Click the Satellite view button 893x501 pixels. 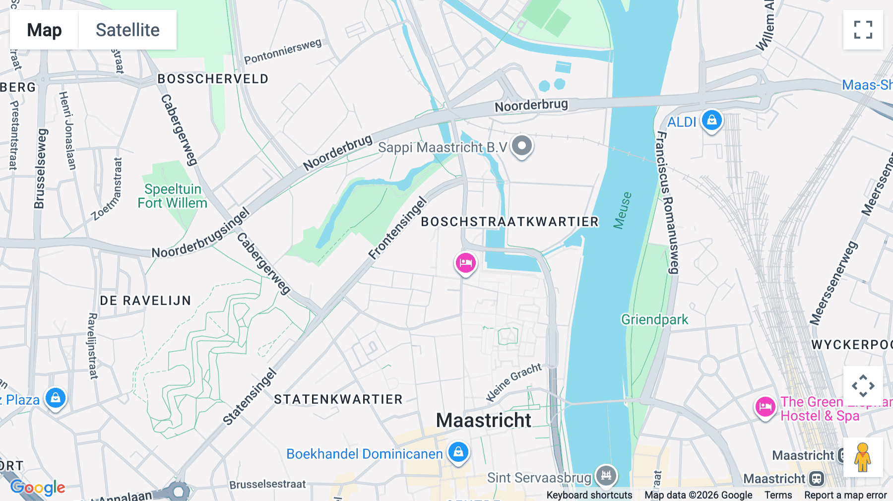click(128, 30)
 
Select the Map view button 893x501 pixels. click(44, 30)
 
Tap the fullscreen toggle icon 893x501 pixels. click(863, 30)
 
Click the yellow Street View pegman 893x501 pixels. click(863, 457)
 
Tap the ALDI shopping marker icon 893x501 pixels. click(712, 121)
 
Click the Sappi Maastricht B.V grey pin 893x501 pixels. click(522, 146)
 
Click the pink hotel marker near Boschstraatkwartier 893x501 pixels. click(465, 263)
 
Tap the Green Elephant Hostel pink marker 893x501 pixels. click(765, 407)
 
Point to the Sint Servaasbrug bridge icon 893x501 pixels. click(606, 476)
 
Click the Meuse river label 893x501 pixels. click(622, 211)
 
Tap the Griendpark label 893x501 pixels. click(654, 319)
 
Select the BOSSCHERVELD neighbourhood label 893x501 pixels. click(213, 79)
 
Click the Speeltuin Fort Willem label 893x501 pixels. click(172, 196)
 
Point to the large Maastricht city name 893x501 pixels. click(484, 420)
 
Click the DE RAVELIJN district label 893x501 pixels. click(145, 301)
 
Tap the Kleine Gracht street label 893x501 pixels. click(513, 382)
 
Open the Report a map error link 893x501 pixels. click(845, 495)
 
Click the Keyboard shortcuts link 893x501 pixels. click(589, 495)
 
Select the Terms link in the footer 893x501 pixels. click(778, 495)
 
